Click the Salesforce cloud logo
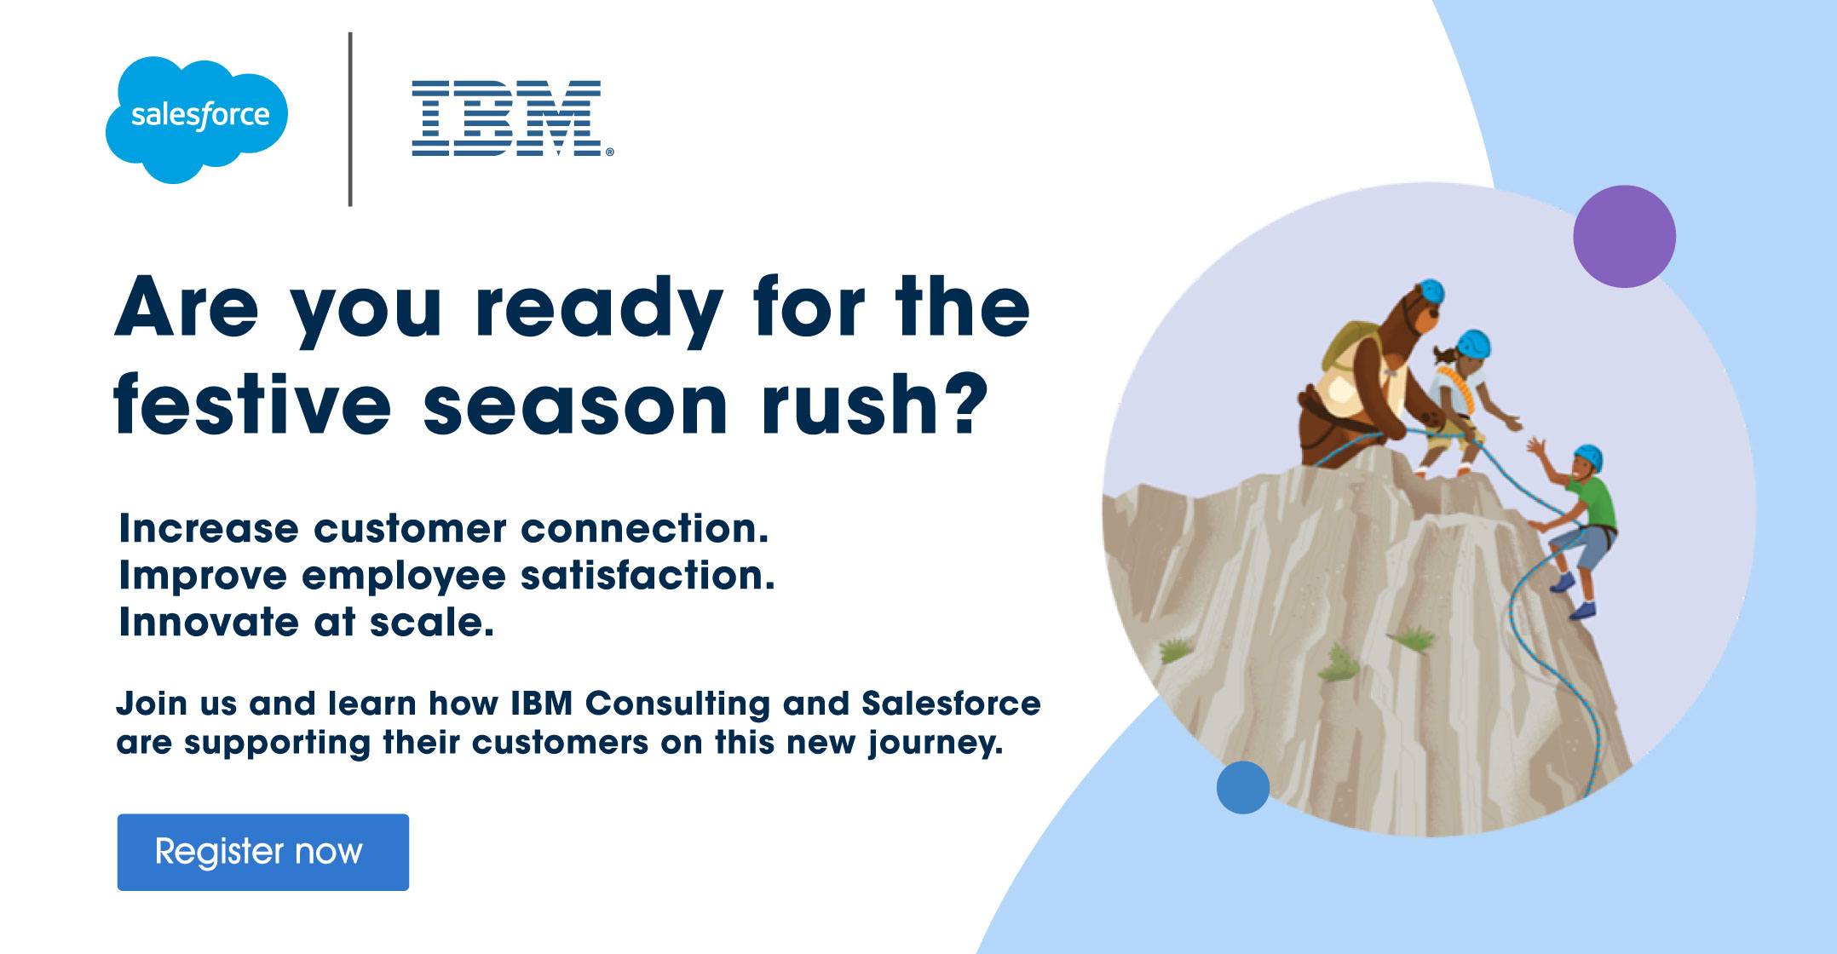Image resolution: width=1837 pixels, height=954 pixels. [197, 119]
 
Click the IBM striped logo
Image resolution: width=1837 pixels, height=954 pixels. [511, 118]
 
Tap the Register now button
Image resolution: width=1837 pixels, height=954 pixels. [263, 852]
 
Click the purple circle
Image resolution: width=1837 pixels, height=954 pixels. [1624, 236]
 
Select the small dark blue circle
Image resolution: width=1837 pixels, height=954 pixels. [1242, 787]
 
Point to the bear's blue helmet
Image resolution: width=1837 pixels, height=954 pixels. [1431, 290]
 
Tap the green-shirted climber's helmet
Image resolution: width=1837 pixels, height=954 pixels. [1589, 457]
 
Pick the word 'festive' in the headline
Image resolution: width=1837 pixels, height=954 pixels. [252, 404]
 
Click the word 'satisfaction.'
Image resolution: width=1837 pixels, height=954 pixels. [648, 576]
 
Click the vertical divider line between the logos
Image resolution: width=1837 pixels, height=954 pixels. [350, 119]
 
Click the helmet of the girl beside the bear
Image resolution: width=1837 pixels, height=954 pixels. [1473, 344]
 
